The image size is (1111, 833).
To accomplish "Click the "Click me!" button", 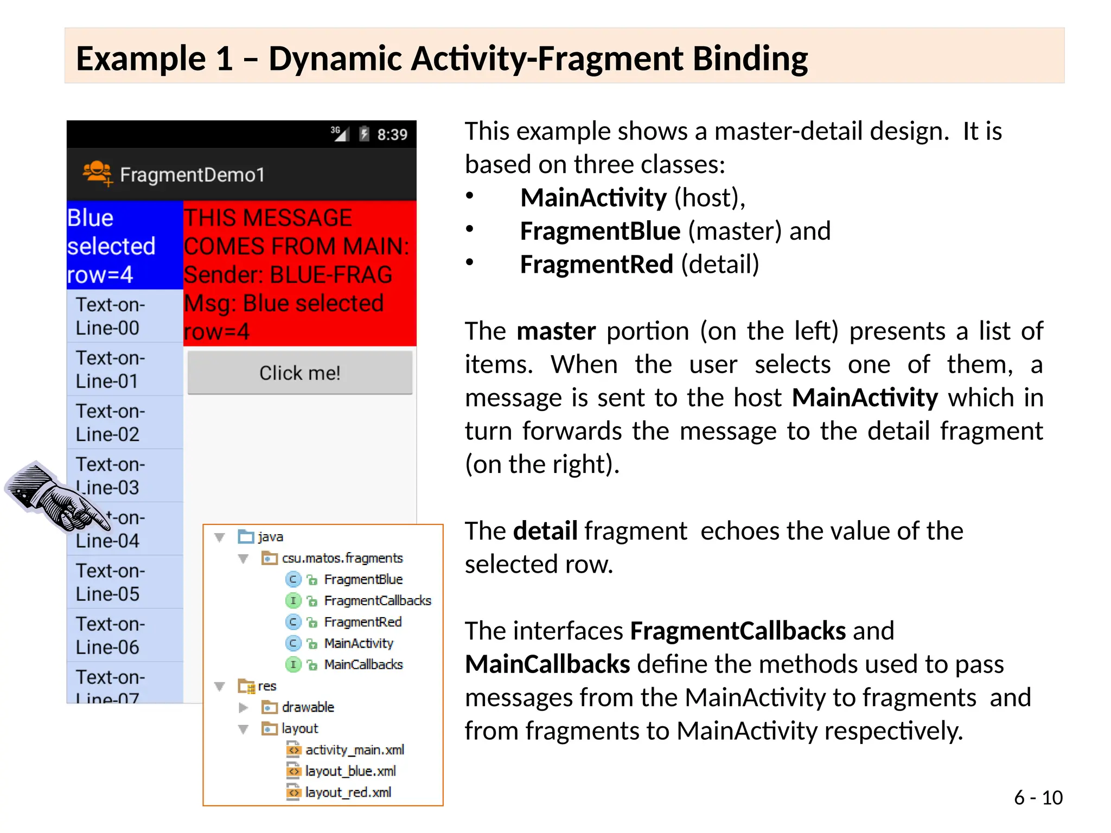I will [299, 373].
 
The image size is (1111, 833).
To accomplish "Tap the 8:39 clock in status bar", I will [392, 134].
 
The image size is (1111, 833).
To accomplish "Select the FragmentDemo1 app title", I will [192, 175].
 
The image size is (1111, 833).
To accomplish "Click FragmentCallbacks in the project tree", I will [377, 600].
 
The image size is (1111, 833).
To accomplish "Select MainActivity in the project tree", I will [358, 643].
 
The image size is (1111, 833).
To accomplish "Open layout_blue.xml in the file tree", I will [350, 771].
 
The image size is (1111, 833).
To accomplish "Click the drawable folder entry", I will [307, 707].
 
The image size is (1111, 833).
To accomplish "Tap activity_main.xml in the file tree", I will [354, 749].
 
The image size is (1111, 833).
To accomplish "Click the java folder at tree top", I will [270, 537].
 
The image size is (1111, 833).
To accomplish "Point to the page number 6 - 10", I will [1038, 797].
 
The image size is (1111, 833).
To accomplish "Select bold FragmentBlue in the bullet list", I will [600, 231].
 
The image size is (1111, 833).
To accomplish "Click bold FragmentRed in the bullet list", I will [596, 265].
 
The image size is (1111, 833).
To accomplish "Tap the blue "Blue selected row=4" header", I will [124, 246].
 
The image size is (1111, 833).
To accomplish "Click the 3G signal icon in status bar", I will [340, 133].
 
